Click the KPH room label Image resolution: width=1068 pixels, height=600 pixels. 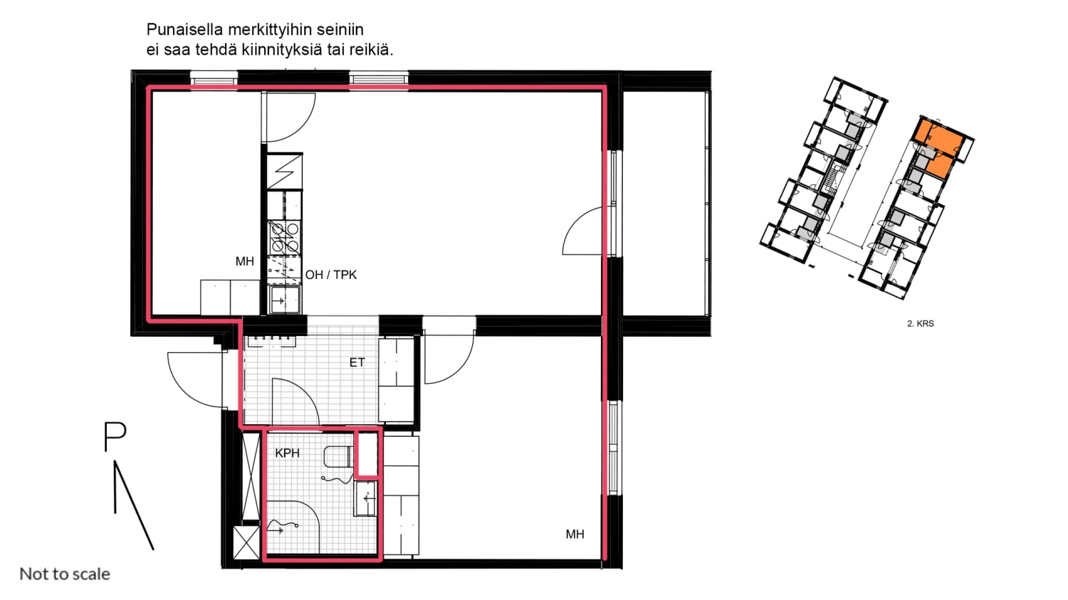[x=287, y=453]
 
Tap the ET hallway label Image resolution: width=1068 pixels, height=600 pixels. [x=357, y=363]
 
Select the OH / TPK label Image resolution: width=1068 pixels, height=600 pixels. [x=331, y=275]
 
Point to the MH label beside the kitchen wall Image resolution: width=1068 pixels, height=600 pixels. [x=245, y=261]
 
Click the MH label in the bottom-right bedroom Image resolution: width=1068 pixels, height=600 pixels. [x=575, y=535]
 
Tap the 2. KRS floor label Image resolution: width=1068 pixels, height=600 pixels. [x=920, y=324]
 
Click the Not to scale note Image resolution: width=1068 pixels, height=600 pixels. [x=65, y=574]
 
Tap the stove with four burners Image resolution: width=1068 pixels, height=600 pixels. [x=284, y=237]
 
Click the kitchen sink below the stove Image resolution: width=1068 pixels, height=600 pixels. [x=285, y=299]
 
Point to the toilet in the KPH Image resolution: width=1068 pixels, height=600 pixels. [x=338, y=456]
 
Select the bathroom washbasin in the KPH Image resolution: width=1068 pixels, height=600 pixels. [x=366, y=498]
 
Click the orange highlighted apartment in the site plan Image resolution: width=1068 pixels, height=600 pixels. [x=938, y=145]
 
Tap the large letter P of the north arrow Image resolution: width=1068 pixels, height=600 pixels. [x=115, y=436]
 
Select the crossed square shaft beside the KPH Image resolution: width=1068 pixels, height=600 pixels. [x=246, y=542]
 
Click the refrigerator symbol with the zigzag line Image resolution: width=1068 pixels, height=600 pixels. [x=284, y=171]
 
